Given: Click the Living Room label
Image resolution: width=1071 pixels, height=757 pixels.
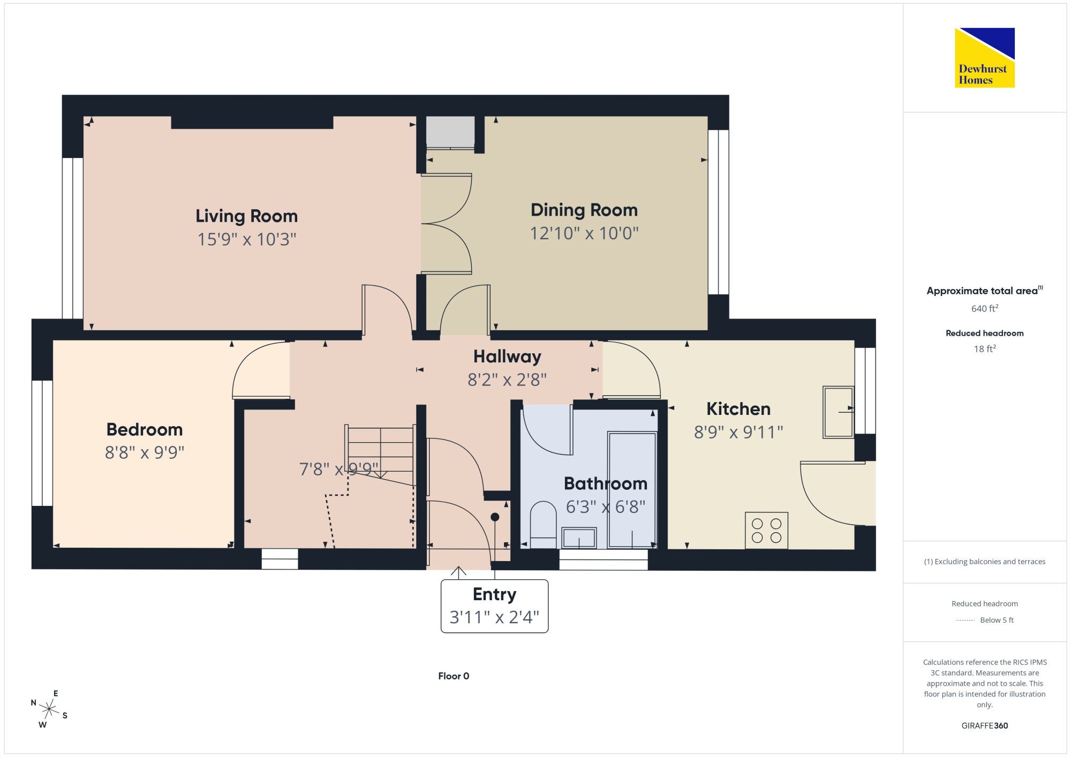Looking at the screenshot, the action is (x=246, y=216).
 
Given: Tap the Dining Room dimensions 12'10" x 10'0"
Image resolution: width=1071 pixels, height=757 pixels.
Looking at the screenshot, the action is (x=584, y=233).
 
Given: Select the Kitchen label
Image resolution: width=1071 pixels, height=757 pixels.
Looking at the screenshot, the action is (x=738, y=409).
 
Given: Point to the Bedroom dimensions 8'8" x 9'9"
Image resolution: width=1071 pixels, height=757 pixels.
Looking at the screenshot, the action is (x=145, y=453).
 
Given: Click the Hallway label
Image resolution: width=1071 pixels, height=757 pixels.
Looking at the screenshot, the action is (x=507, y=357).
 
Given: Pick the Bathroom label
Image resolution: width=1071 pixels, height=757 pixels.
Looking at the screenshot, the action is (x=606, y=483).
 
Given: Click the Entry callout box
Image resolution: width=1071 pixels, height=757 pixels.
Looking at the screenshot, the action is (x=494, y=606).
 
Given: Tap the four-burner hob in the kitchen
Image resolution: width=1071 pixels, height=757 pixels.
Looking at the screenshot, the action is (x=766, y=531).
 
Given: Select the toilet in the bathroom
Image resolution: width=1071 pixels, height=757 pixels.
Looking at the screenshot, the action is (x=543, y=525).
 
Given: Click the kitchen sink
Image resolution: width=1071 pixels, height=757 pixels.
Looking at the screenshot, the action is (x=838, y=412).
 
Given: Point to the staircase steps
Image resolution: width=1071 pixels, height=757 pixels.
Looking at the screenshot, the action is (x=380, y=455).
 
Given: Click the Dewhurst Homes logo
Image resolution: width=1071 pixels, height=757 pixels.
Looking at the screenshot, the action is (x=985, y=58).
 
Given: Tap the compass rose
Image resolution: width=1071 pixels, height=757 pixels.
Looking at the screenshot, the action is (x=49, y=709).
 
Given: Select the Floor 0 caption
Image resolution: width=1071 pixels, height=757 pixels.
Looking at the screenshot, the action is (x=454, y=676).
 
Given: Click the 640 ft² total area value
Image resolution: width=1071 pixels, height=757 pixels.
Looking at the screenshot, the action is (x=985, y=308).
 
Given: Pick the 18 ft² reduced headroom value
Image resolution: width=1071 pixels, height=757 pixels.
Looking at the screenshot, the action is (x=985, y=349).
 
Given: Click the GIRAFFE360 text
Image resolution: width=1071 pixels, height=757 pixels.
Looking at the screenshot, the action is (x=985, y=726).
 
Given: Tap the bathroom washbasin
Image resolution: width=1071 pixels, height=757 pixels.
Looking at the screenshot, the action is (x=579, y=538).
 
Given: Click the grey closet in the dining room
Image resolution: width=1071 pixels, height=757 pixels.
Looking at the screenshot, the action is (x=450, y=132).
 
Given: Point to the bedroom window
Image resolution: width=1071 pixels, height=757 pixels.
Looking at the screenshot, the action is (x=42, y=443).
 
